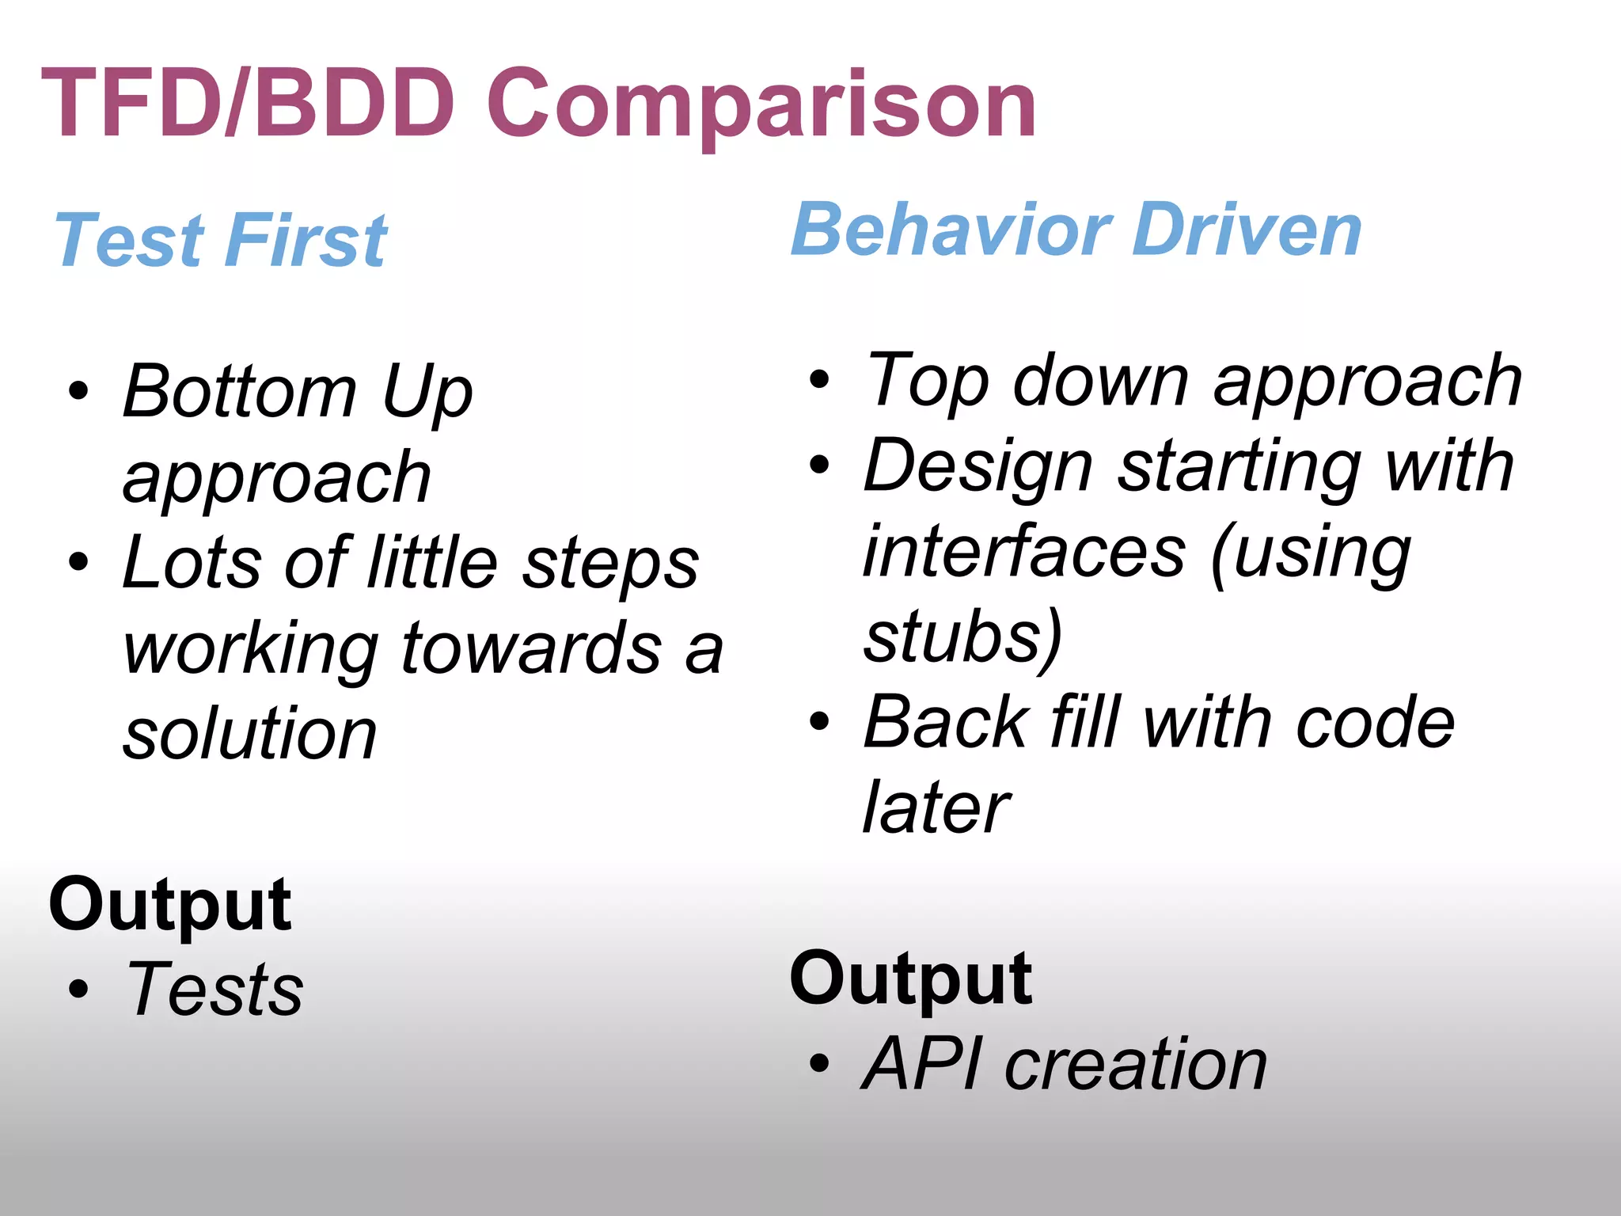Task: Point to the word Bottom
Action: tap(240, 391)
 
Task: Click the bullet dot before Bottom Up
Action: tap(78, 391)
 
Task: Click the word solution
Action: tap(250, 734)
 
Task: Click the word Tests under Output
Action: tap(215, 989)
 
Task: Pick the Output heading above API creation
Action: tap(910, 979)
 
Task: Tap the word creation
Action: tap(1136, 1064)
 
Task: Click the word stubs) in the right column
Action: tap(962, 636)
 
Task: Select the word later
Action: tap(936, 807)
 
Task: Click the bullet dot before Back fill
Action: tap(819, 721)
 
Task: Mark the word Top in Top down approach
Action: tap(928, 381)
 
